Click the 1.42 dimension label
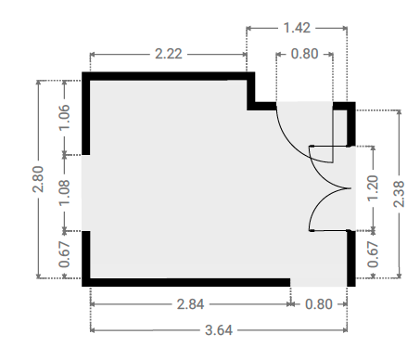tap(297, 28)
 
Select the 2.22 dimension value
tap(169, 54)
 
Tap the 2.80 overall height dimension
tap(38, 179)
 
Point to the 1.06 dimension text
tap(64, 118)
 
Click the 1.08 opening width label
tap(64, 193)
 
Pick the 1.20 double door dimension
tap(373, 188)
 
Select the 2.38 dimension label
tap(399, 194)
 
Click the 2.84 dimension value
tap(190, 304)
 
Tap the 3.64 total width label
tap(219, 330)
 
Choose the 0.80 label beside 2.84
tap(319, 304)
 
